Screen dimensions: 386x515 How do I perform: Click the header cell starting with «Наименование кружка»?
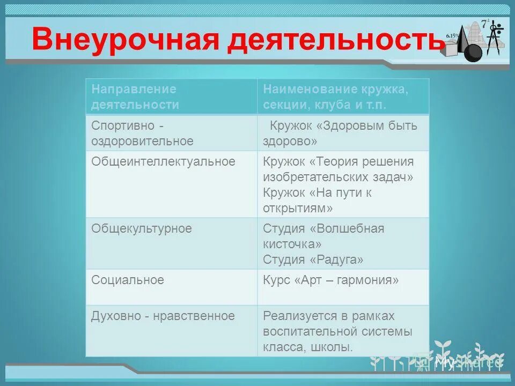(335, 96)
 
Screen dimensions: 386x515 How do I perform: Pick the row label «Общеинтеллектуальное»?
(163, 161)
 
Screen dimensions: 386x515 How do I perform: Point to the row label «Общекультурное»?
(142, 228)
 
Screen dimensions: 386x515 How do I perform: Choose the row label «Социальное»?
(128, 280)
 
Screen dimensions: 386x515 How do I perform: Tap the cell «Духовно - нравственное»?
(163, 316)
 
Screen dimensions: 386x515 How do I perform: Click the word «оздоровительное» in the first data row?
(142, 142)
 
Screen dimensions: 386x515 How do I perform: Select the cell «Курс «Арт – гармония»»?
(330, 280)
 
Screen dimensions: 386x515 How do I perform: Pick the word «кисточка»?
(288, 244)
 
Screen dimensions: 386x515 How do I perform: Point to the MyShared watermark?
(467, 362)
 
